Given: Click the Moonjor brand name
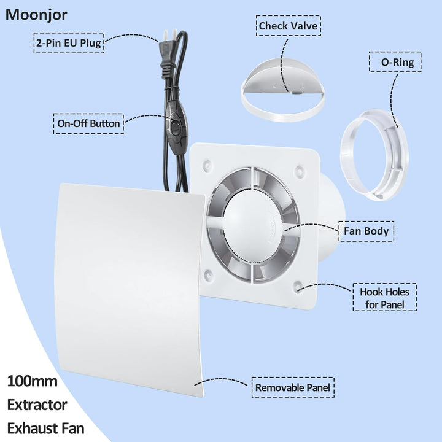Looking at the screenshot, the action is click(36, 15).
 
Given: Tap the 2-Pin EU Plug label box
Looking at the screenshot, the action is click(69, 43).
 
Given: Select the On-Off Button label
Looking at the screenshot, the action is click(88, 124).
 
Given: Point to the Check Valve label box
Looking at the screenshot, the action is click(289, 26).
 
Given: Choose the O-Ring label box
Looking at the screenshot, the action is click(395, 62).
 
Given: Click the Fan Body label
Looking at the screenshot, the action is click(366, 231).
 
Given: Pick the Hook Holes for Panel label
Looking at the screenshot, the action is click(384, 297).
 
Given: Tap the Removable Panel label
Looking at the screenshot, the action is click(293, 387).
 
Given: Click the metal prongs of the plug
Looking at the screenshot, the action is click(170, 34).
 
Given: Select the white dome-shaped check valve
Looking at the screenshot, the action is click(283, 90).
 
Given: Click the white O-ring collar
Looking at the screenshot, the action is click(374, 155).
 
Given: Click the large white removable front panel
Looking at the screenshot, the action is click(130, 289).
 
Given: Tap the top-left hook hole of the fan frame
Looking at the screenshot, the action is click(207, 164).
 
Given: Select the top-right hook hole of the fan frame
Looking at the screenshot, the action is click(299, 170).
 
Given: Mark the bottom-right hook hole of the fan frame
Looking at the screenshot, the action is click(297, 287).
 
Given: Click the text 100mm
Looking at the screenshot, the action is click(32, 381).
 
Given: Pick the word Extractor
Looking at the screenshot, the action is click(37, 405).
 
